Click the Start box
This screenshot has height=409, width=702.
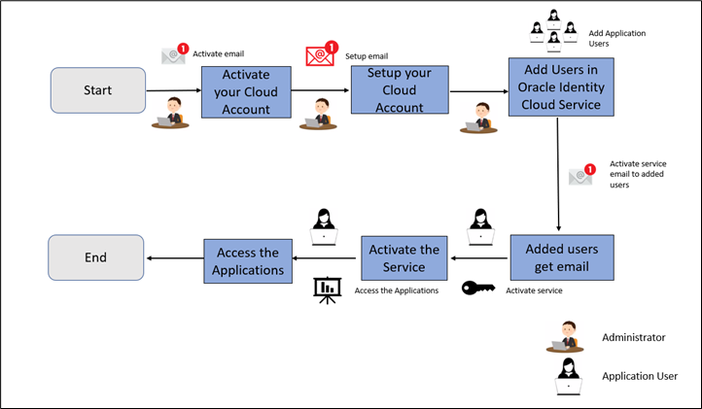point(96,90)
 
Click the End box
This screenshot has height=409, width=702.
point(96,257)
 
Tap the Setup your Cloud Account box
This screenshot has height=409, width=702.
point(400,90)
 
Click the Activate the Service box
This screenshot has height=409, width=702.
point(404,258)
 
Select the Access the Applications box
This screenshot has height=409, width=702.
point(248,260)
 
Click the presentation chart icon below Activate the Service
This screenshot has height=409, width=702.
point(326,289)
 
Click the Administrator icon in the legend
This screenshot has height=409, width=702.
point(565,336)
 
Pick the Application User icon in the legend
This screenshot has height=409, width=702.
point(565,375)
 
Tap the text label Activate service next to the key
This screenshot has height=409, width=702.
point(534,290)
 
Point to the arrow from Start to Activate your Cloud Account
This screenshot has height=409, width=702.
point(172,91)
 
